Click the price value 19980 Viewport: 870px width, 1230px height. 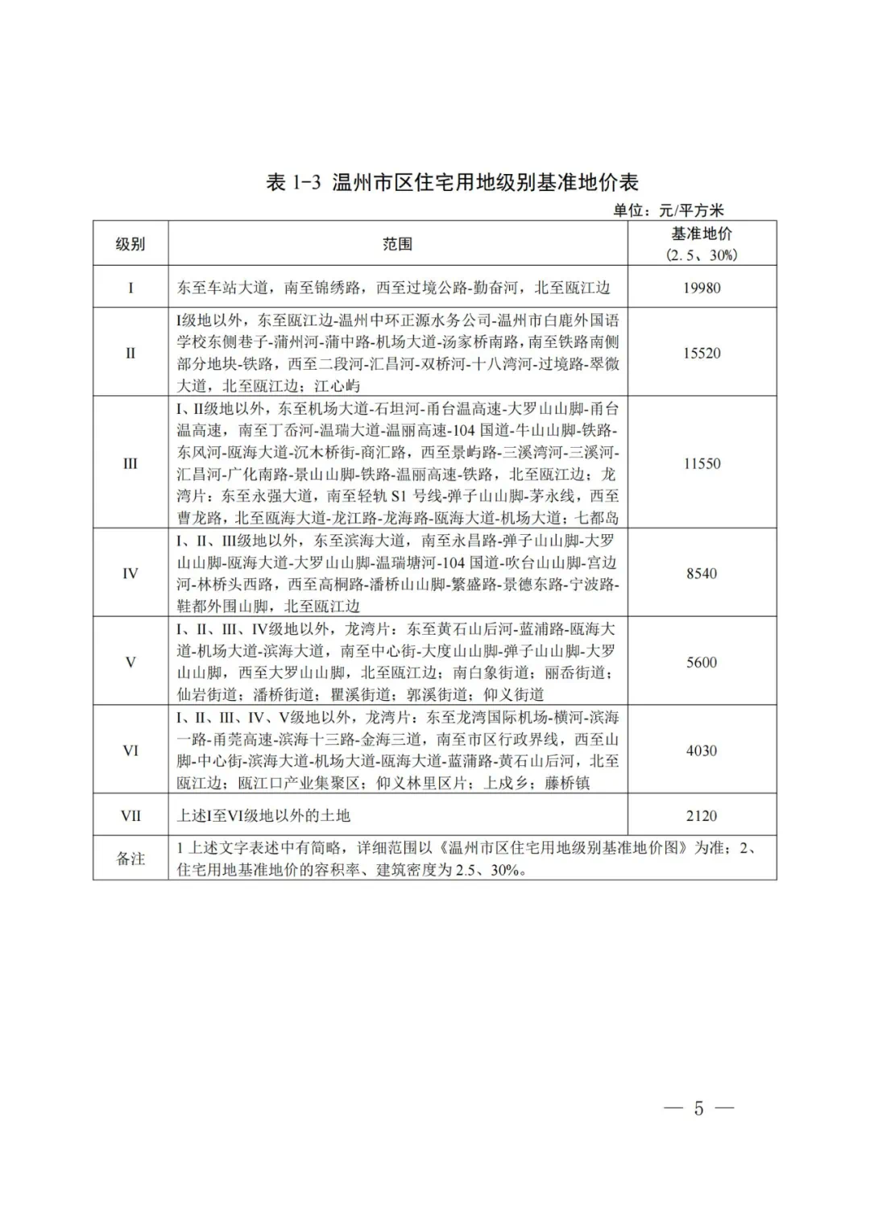pos(702,288)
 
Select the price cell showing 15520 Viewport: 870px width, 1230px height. pos(702,353)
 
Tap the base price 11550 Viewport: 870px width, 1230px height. pos(702,463)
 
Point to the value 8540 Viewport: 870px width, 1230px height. pos(702,574)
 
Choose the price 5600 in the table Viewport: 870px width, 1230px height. pos(702,662)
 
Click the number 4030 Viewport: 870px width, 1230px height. pos(702,750)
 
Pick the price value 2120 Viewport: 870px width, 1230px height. pos(702,815)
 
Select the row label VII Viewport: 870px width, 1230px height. pos(130,815)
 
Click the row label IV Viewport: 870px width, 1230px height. pos(130,574)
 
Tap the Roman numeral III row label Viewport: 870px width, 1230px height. pos(130,463)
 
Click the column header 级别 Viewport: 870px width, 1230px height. pos(130,244)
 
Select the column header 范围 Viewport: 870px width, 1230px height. pos(397,244)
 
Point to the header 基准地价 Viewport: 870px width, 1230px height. pos(702,234)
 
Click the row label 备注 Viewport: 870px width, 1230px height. pos(130,859)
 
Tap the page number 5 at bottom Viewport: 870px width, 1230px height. pos(698,1108)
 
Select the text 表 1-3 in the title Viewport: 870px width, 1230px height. pos(294,182)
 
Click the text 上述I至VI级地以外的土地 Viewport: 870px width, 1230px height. pos(263,815)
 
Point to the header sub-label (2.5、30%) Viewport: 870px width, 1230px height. pos(702,255)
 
